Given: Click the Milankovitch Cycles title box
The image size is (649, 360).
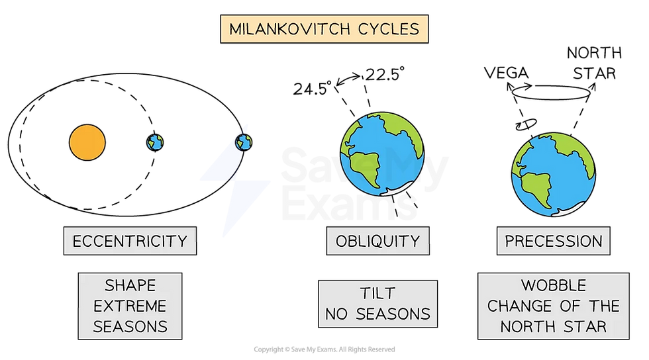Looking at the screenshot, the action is click(x=324, y=29).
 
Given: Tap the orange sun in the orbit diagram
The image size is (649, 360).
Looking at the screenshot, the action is click(x=87, y=142).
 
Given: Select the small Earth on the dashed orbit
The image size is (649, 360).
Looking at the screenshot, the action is click(x=155, y=142).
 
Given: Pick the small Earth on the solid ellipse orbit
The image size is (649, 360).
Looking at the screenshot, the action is click(x=244, y=142).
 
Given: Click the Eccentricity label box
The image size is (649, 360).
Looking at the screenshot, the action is click(x=130, y=241).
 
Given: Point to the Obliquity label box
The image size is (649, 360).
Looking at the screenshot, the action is click(x=378, y=241).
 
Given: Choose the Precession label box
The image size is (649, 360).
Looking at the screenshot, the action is click(x=554, y=241).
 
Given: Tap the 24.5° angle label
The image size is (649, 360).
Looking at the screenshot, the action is click(x=313, y=88).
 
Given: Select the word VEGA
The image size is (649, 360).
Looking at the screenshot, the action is click(x=506, y=73).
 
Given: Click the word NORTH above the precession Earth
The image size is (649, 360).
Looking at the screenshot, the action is click(x=595, y=53).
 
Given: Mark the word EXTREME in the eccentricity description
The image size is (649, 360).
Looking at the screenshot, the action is click(x=130, y=306).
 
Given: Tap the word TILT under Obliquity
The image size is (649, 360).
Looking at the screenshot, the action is click(x=377, y=293).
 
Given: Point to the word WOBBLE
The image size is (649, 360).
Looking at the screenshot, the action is click(x=554, y=285).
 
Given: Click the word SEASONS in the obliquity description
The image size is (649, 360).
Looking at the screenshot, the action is click(x=393, y=314).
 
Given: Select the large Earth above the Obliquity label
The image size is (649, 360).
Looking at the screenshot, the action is click(x=382, y=154).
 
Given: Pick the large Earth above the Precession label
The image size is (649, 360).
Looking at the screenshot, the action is click(x=554, y=175).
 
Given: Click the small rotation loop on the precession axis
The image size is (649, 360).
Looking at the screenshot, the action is click(x=526, y=124).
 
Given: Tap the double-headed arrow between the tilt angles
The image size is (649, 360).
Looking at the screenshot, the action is click(x=349, y=78).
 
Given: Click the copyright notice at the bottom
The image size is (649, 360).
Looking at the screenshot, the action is click(x=324, y=349).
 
